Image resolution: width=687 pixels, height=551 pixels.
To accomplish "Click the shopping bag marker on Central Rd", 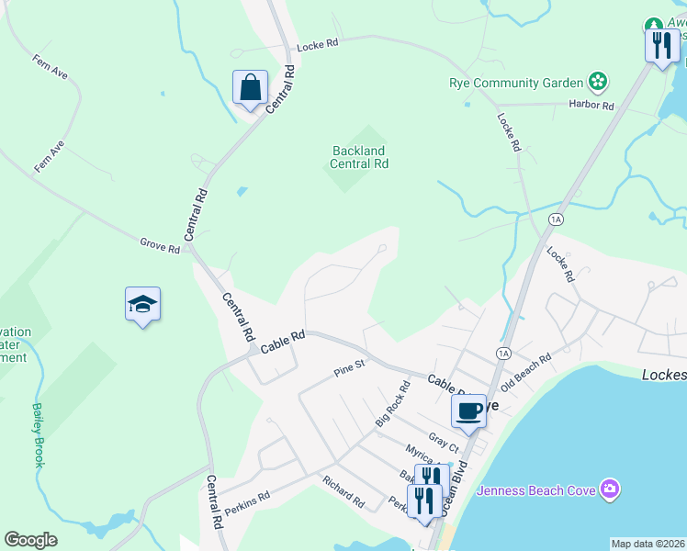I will tap(250, 88).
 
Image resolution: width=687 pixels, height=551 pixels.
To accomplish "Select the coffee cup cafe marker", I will tap(468, 410).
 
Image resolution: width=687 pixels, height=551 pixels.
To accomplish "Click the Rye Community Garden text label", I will tap(516, 83).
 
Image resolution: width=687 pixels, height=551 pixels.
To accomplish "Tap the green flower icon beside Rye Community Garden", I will tap(598, 82).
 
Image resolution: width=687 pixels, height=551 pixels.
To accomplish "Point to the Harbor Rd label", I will tap(591, 106).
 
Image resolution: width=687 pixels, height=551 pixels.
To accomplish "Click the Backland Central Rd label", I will tap(359, 157).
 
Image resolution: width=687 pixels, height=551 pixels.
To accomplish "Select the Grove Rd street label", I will tap(160, 245).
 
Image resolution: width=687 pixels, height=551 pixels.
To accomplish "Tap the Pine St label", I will tap(350, 368).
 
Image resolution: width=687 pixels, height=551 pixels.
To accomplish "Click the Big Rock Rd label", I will tap(391, 403).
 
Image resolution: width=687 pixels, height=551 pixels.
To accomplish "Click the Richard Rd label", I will tap(343, 491).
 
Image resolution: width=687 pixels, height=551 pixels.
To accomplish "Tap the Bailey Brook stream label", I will tap(38, 435).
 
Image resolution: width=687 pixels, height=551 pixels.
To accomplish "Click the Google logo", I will tap(31, 540).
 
